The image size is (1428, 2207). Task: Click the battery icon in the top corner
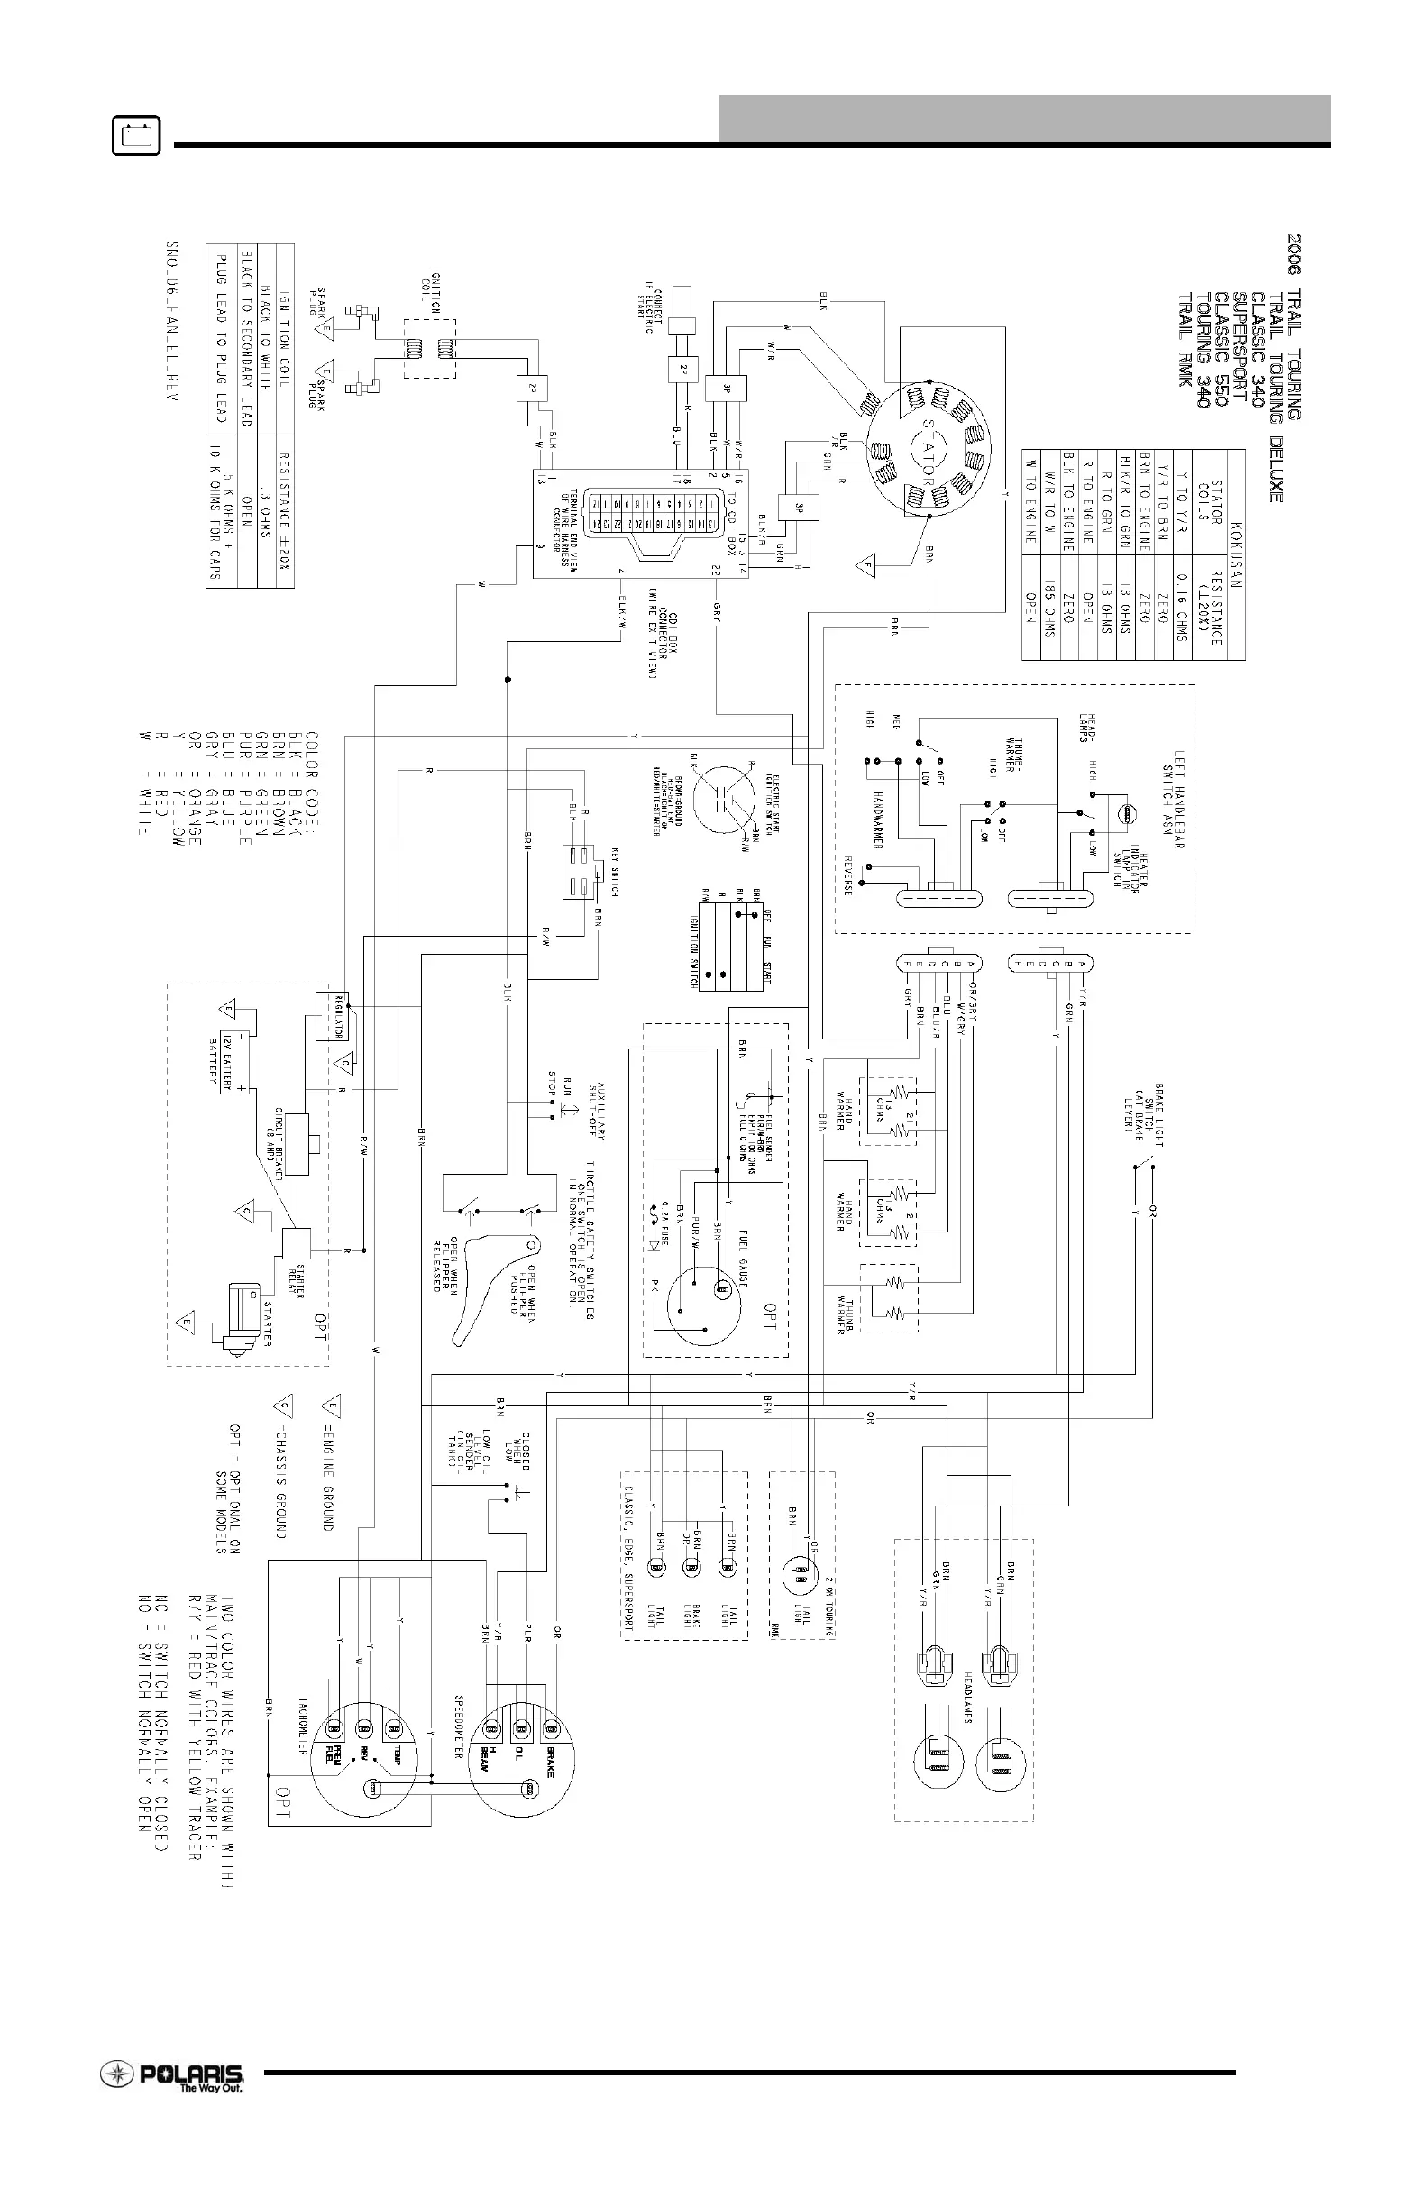pyautogui.click(x=136, y=136)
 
